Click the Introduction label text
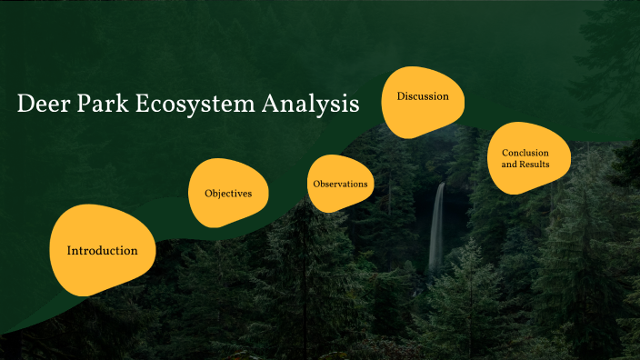pos(103,250)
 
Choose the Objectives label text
pos(228,194)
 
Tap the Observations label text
pos(340,185)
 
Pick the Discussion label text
pos(422,95)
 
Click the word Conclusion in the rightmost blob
pos(526,153)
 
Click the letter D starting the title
pos(25,105)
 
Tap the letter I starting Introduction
pos(70,250)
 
